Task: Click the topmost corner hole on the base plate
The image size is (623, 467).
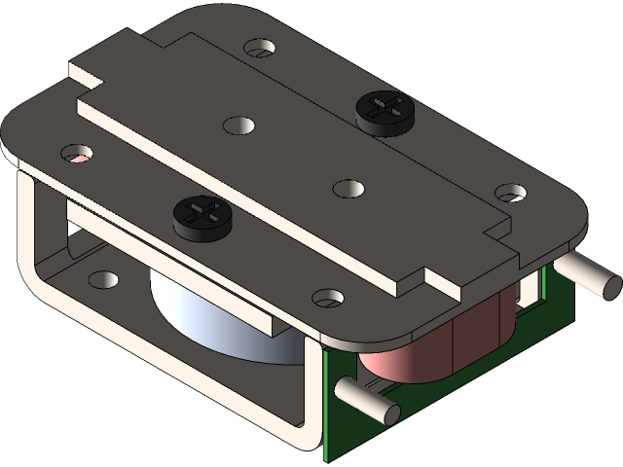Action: coord(259,47)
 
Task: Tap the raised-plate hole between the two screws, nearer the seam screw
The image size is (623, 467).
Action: coord(238,125)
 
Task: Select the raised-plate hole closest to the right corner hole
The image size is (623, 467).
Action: coord(347,187)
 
